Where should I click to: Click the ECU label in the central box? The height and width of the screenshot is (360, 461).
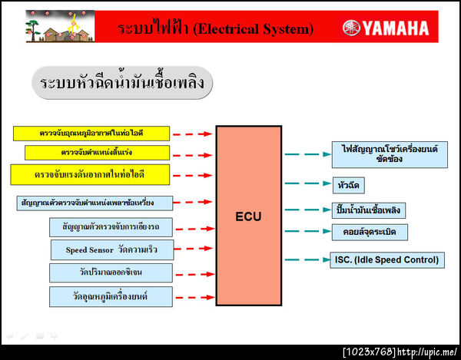[247, 216]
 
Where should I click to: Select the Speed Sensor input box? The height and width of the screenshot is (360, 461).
[111, 249]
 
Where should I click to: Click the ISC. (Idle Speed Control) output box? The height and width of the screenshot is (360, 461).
[387, 259]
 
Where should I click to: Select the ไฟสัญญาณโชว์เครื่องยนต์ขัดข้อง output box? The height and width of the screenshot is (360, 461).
[389, 155]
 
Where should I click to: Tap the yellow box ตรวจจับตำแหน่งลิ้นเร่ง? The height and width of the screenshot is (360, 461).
[96, 152]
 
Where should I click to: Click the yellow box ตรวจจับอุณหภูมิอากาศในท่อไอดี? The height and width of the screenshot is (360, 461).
[91, 133]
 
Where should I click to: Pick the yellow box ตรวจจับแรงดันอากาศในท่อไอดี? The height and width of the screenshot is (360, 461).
[89, 174]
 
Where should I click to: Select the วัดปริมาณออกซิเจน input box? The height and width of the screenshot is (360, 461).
[111, 272]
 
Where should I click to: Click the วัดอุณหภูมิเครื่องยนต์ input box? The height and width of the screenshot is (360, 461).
[111, 296]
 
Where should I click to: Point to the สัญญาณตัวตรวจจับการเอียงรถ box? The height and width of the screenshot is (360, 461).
[111, 226]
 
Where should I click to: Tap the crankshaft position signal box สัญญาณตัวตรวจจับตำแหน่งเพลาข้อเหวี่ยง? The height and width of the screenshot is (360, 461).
[95, 203]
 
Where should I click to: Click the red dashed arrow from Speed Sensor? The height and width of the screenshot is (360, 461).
[194, 249]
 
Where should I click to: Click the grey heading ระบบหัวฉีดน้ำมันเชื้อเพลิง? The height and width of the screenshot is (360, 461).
[122, 83]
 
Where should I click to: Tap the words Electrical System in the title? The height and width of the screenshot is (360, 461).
[253, 29]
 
